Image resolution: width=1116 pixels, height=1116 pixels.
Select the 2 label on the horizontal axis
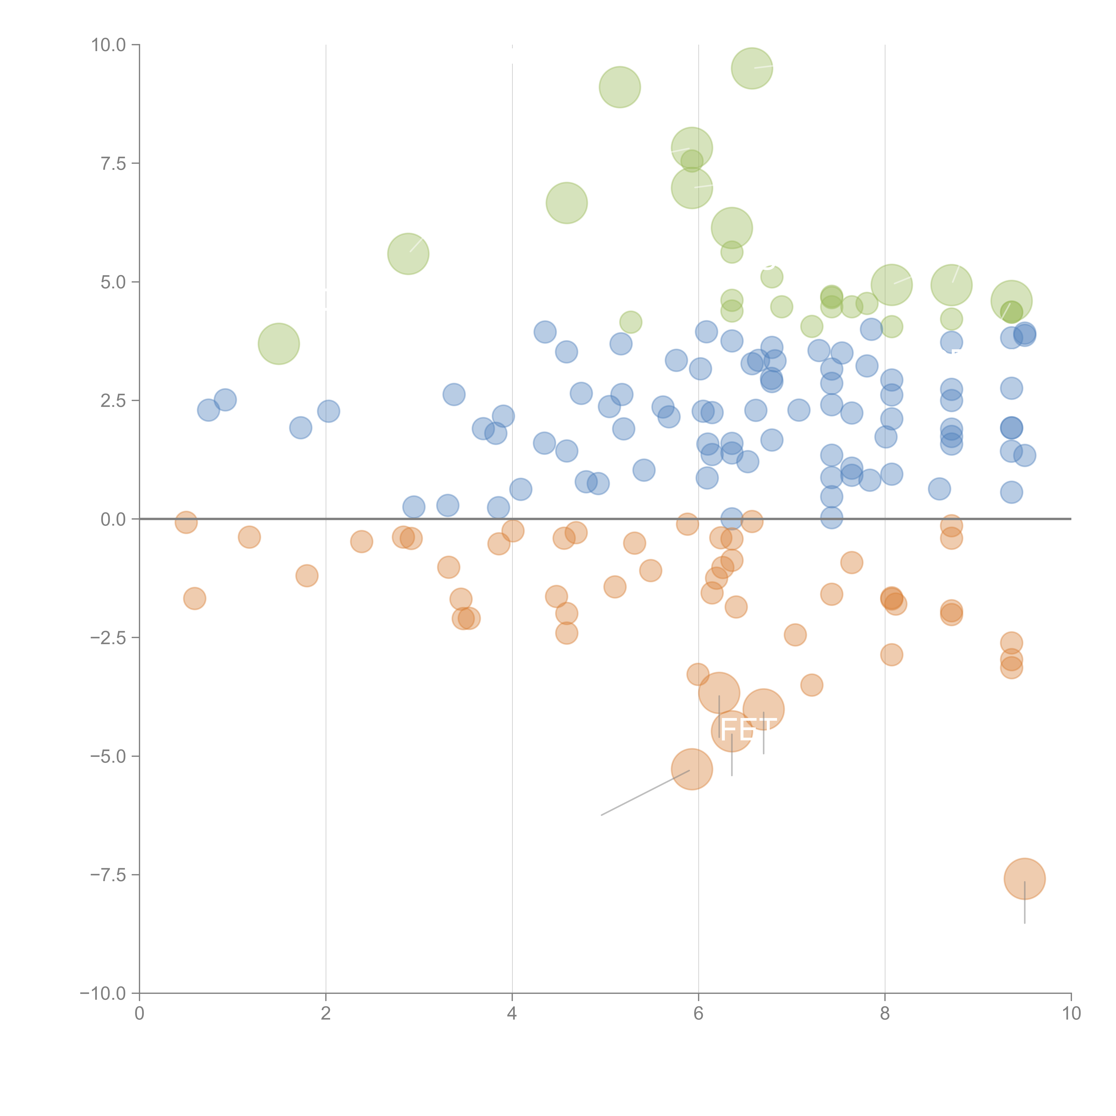326,1014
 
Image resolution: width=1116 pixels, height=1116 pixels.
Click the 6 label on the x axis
698,1014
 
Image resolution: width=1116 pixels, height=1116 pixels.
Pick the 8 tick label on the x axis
885,1014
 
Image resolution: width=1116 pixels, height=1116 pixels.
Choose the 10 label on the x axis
1071,1014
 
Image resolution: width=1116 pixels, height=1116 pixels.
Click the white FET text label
748,730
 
